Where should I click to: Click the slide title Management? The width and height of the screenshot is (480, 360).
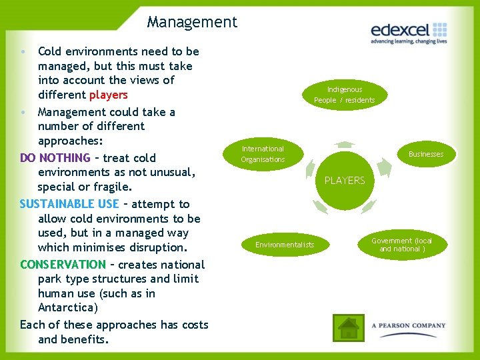[x=192, y=22]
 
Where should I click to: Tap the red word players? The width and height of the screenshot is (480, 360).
[x=108, y=95]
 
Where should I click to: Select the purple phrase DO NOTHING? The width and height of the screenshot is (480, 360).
[x=55, y=158]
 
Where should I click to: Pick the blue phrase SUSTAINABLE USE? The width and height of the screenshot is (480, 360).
[x=69, y=204]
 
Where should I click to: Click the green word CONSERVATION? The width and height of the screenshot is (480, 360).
[x=63, y=264]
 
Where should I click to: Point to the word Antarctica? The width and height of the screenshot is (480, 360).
[x=67, y=308]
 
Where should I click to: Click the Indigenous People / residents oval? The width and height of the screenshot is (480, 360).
[x=345, y=95]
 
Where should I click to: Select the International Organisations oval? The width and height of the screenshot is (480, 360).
[x=263, y=154]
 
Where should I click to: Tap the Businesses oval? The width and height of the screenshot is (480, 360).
[x=426, y=154]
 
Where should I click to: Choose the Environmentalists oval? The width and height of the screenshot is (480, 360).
[x=285, y=245]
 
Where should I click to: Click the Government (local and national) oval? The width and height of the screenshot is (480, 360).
[x=401, y=245]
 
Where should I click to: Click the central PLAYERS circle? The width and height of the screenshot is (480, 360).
[x=345, y=180]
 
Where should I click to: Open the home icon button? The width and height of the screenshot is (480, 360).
[x=348, y=327]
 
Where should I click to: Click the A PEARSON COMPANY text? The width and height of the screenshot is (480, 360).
[x=409, y=326]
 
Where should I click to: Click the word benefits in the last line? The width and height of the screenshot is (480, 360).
[x=84, y=339]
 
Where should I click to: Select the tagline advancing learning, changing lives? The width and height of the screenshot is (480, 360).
[x=409, y=41]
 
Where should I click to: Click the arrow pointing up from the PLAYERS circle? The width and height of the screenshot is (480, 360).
[x=345, y=143]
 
